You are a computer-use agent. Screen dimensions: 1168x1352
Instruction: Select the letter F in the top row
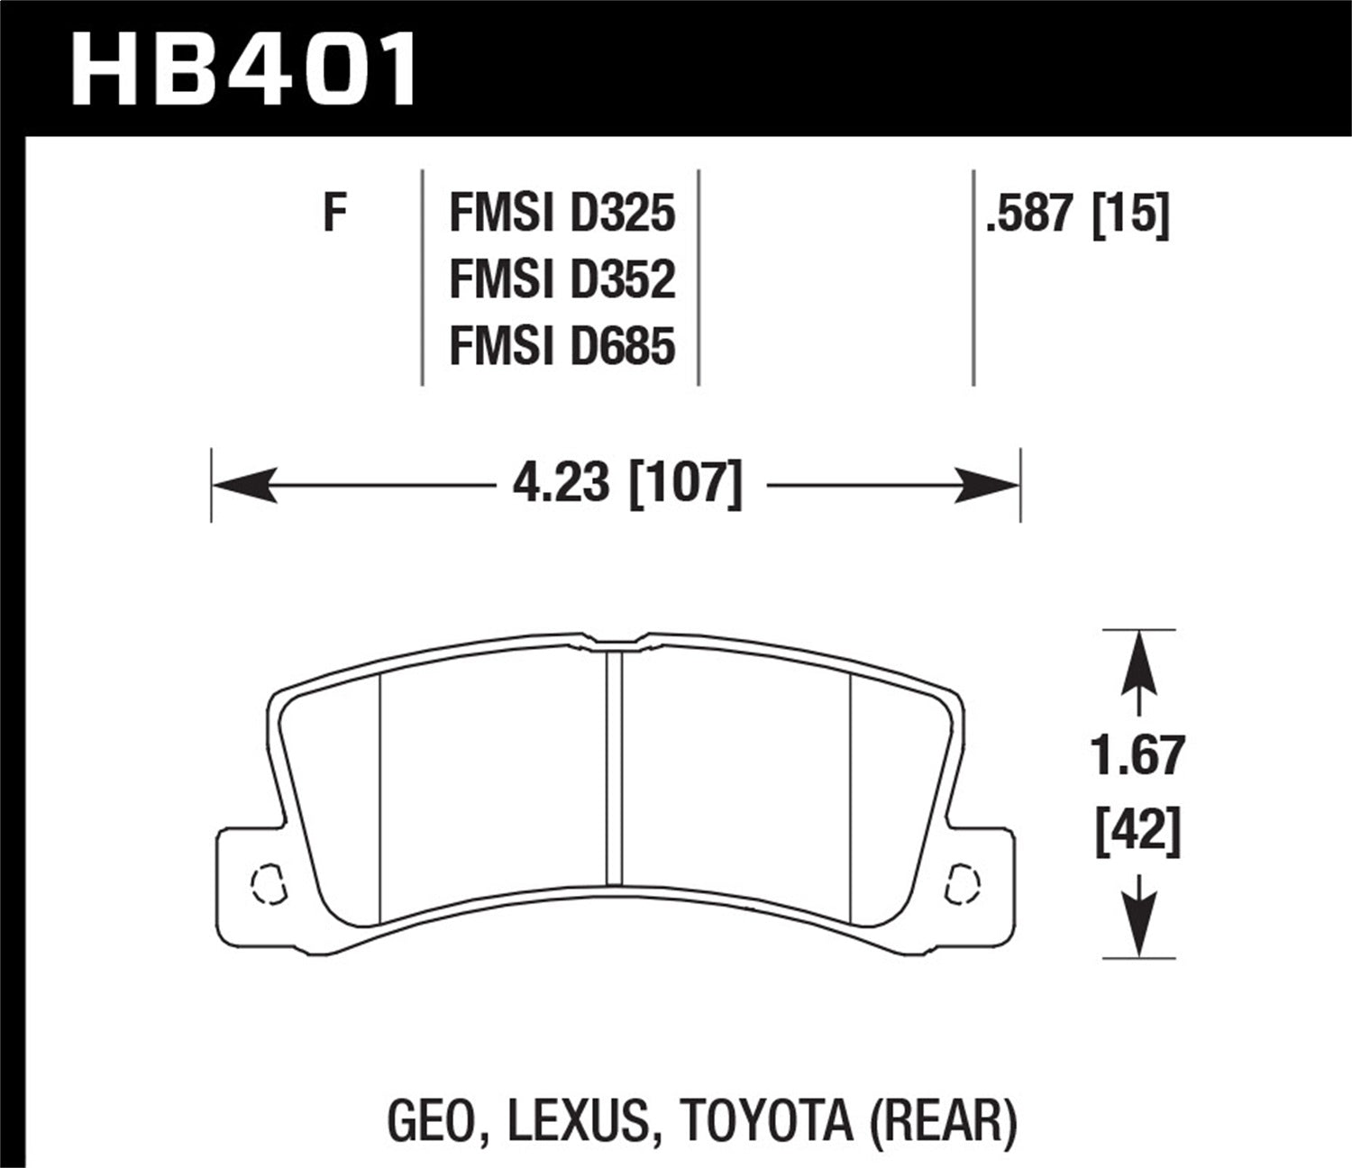point(335,214)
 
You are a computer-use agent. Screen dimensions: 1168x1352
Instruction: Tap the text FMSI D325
point(562,214)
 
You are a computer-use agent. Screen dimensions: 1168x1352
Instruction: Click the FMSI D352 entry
point(562,279)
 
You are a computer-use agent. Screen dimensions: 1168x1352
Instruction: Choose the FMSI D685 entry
point(562,346)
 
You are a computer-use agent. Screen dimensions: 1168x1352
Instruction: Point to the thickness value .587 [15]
point(1077,214)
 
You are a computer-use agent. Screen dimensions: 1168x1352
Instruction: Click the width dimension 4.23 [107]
point(627,484)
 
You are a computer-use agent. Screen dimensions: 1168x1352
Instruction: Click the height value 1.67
point(1137,755)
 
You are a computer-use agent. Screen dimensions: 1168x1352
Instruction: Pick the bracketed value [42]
point(1137,830)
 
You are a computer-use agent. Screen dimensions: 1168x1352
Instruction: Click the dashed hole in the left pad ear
point(268,884)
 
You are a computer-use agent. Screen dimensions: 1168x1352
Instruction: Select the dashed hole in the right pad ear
point(963,882)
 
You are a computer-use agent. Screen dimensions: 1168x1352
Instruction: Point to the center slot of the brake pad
point(614,766)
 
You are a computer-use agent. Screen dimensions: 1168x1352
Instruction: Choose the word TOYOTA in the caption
point(765,1120)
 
